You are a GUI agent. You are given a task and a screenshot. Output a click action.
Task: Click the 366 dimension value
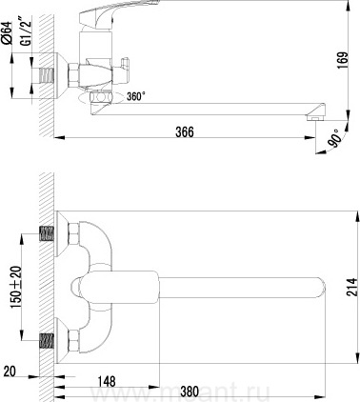[x=185, y=131]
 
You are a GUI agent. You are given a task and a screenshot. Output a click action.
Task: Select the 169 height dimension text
[x=344, y=61]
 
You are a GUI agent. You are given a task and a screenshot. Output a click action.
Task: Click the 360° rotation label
[x=136, y=96]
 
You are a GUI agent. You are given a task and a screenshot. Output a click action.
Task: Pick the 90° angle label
[x=335, y=137]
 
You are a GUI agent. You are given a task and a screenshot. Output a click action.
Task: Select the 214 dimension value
[x=351, y=287]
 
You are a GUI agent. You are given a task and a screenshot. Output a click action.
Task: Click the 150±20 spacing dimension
[x=16, y=287]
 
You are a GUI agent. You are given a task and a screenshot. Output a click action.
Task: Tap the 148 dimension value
[x=107, y=381]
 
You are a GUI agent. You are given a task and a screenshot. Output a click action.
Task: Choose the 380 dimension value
[x=190, y=392]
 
